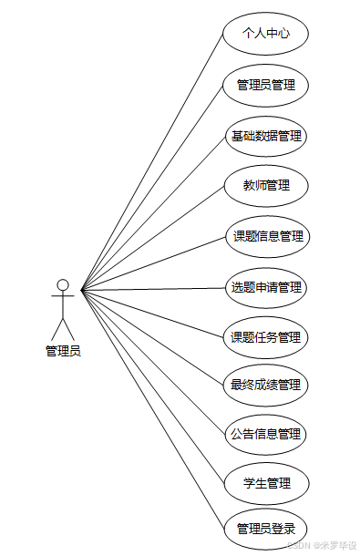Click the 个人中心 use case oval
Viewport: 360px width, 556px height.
(x=266, y=34)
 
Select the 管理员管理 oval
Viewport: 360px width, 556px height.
(x=266, y=86)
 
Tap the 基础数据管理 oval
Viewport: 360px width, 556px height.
(x=266, y=136)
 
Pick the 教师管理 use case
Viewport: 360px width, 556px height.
(x=266, y=186)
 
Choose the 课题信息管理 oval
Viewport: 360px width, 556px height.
(x=266, y=237)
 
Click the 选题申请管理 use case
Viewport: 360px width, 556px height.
(x=266, y=288)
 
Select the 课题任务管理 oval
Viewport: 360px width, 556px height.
(x=266, y=337)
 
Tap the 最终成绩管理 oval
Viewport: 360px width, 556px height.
(x=266, y=386)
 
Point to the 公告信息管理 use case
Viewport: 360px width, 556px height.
(x=266, y=434)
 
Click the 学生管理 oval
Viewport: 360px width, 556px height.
(x=266, y=483)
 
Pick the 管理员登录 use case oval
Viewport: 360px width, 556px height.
(x=266, y=529)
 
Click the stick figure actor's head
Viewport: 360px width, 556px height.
(x=63, y=284)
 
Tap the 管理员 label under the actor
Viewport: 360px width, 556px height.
(x=63, y=351)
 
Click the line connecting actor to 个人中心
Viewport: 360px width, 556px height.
(x=152, y=163)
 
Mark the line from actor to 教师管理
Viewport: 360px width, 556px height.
(x=152, y=239)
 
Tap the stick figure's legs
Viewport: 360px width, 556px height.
(x=63, y=328)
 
